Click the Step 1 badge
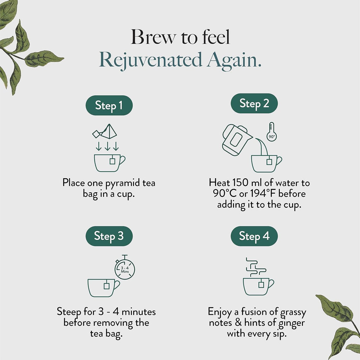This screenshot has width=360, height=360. (109, 105)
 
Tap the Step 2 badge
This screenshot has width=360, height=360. (254, 103)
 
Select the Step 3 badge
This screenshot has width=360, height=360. (109, 236)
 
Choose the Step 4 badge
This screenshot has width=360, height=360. (254, 236)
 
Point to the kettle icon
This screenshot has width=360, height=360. (237, 140)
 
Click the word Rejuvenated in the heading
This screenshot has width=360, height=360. (150, 60)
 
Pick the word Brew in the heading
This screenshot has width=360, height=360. (153, 37)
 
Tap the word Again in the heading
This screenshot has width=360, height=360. (234, 60)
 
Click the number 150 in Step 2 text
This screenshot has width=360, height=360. (240, 183)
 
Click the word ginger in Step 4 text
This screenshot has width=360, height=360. (291, 323)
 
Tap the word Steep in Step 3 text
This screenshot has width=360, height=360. (69, 312)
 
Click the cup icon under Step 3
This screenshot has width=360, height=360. (104, 288)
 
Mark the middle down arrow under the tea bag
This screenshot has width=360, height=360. (107, 146)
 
